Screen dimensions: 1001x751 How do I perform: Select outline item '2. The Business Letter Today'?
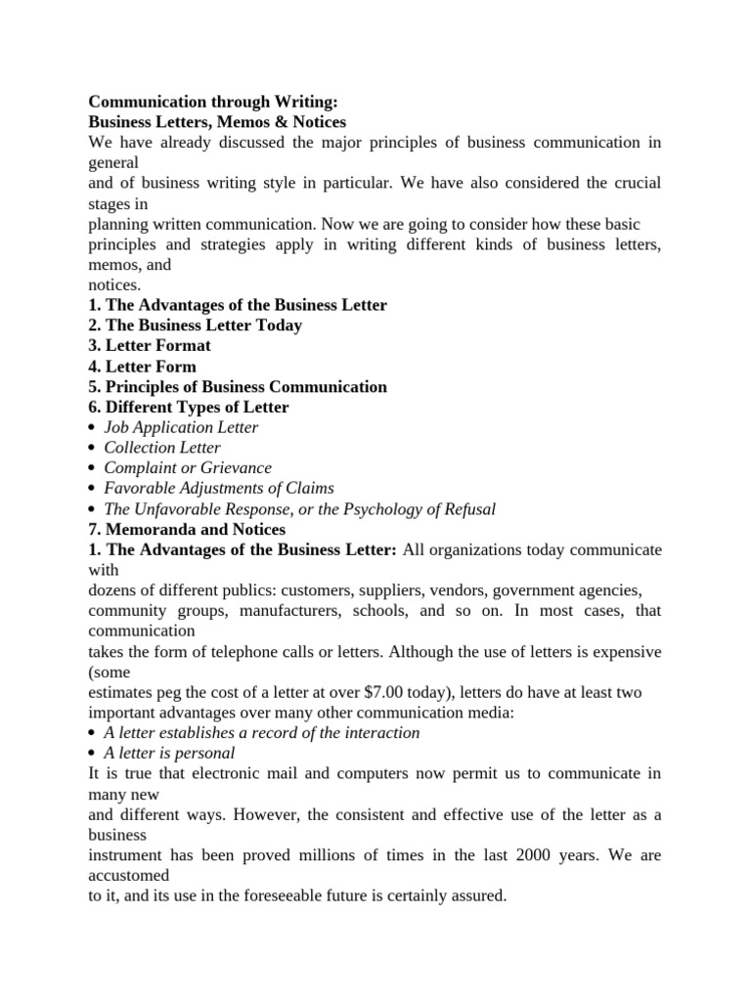196,326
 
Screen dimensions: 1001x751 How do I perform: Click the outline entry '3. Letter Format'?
150,346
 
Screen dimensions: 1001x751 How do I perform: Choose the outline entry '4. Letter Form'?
143,367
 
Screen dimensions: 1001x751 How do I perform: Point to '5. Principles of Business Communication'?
238,387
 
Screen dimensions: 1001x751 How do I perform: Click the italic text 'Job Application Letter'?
181,427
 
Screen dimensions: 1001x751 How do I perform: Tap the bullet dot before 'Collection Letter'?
92,449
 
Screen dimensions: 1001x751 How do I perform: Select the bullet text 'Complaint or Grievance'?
188,468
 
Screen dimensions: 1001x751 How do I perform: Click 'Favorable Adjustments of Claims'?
219,488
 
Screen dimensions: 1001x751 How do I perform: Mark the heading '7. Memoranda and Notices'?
188,529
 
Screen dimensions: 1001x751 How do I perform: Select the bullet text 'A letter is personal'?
169,753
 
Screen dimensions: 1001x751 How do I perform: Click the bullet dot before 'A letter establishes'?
92,733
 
